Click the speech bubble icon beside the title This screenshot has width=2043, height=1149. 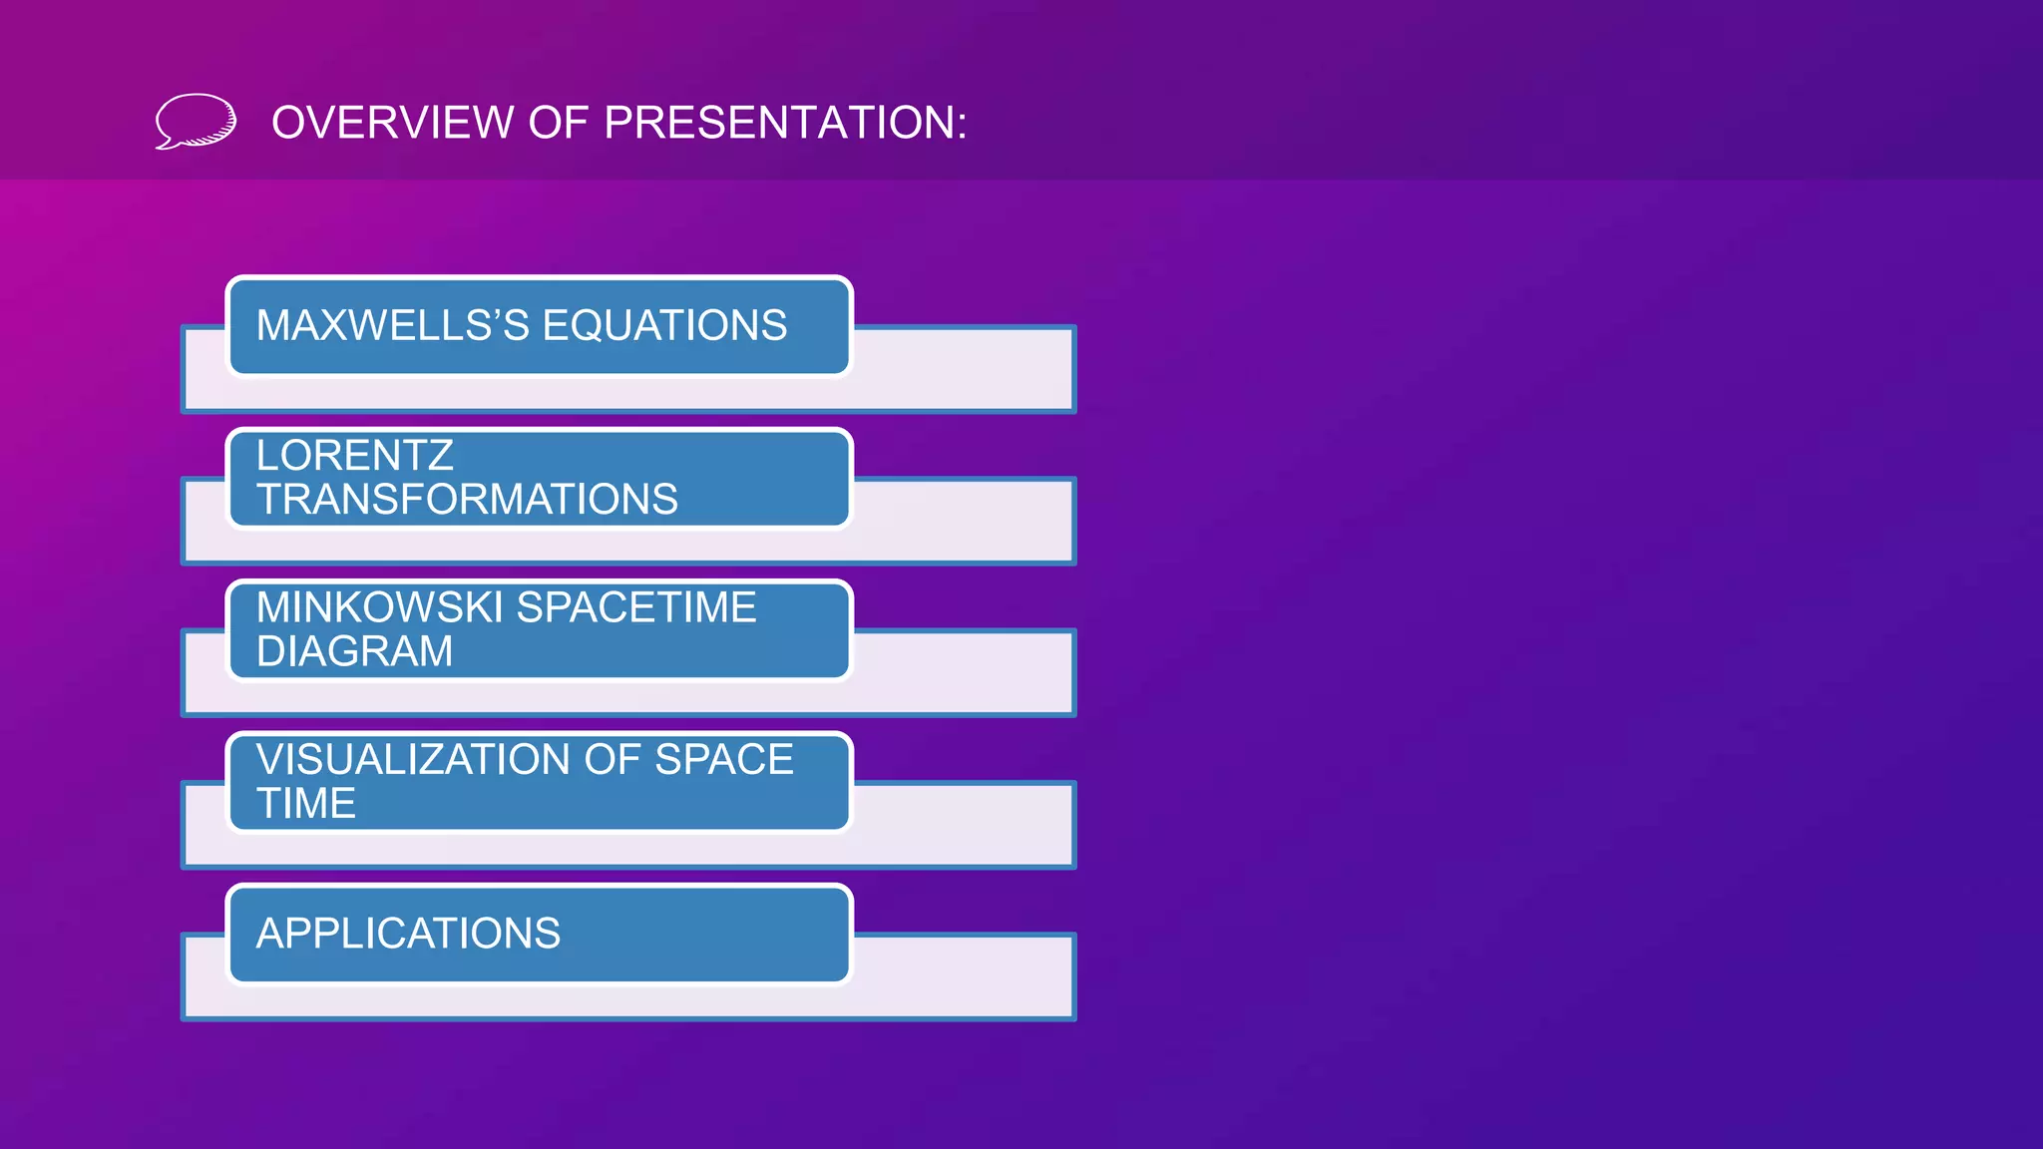pos(196,122)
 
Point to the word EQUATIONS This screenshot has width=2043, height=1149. pos(664,326)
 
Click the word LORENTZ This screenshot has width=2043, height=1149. pos(354,456)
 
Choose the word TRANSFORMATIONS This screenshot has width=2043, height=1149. pos(467,500)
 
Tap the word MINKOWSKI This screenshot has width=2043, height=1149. pos(379,607)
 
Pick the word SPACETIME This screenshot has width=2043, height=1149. pos(636,607)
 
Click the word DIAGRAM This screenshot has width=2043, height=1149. pos(354,651)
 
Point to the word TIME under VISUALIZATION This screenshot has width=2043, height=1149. pos(305,804)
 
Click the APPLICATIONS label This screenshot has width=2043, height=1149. pos(408,934)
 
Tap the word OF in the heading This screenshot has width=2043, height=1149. pos(559,123)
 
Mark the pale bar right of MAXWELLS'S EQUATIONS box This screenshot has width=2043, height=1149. pos(963,369)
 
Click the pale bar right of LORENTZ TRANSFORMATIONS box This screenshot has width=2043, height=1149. pos(963,521)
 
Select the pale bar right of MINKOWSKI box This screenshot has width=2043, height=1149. pos(963,672)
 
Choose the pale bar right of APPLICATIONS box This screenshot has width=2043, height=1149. pos(963,976)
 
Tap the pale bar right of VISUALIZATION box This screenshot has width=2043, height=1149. pos(963,825)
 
